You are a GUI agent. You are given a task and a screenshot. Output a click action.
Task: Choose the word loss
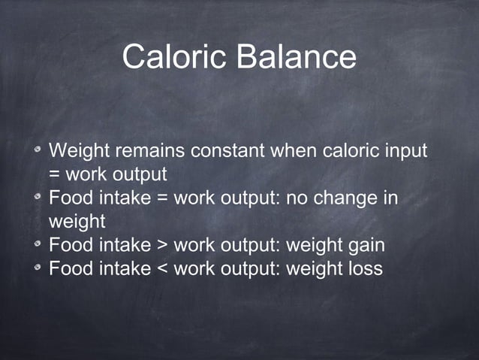pos(363,268)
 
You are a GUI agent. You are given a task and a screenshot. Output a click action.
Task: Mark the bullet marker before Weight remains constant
pos(37,152)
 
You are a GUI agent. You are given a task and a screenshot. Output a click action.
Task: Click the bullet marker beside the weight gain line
pos(37,246)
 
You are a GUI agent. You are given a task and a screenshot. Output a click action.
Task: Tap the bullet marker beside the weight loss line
pos(37,269)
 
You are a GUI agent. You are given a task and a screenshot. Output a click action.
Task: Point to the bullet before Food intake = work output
pos(37,200)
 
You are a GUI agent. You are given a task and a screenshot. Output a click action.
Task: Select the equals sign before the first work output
pos(55,175)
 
